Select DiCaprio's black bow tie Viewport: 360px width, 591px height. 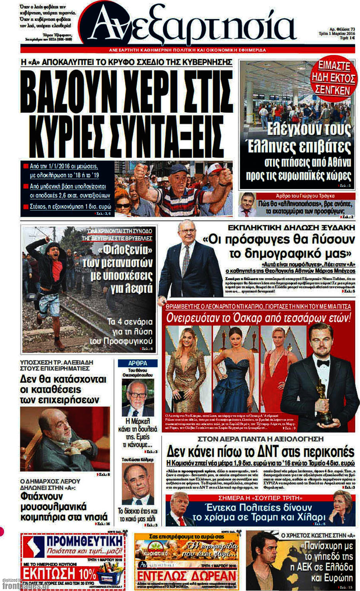tap(323, 363)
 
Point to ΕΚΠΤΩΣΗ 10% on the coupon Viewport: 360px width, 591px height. tap(59, 574)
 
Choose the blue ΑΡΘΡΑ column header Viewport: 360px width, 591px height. tap(138, 363)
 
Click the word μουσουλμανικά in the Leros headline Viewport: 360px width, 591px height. tap(54, 507)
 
